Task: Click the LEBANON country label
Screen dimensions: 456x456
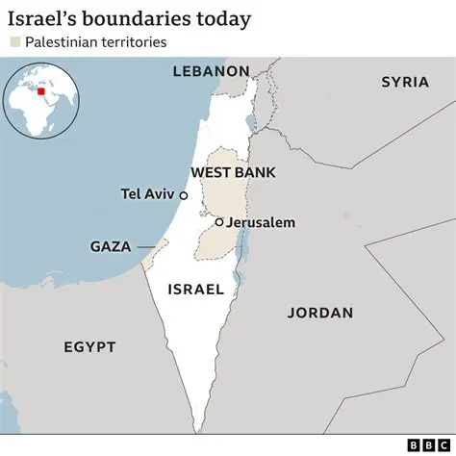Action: click(x=211, y=71)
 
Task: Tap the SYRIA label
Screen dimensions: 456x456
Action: click(x=404, y=82)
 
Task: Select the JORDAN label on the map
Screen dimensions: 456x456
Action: click(x=320, y=313)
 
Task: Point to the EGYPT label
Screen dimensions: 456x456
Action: click(x=89, y=346)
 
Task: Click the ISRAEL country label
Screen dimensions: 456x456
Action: click(x=195, y=289)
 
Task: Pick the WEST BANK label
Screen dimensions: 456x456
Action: click(x=233, y=172)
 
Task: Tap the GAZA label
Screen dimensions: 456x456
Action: click(x=110, y=246)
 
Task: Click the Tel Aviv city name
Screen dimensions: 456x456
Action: click(x=148, y=193)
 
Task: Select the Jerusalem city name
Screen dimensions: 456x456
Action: click(x=261, y=222)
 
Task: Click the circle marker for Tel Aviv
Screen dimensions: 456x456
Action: click(x=184, y=194)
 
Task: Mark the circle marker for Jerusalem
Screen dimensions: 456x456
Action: click(x=219, y=222)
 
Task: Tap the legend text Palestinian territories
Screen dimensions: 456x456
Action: click(x=94, y=42)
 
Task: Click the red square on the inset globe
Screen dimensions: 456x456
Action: click(x=40, y=92)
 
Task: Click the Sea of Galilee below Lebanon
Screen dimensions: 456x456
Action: click(x=250, y=123)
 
